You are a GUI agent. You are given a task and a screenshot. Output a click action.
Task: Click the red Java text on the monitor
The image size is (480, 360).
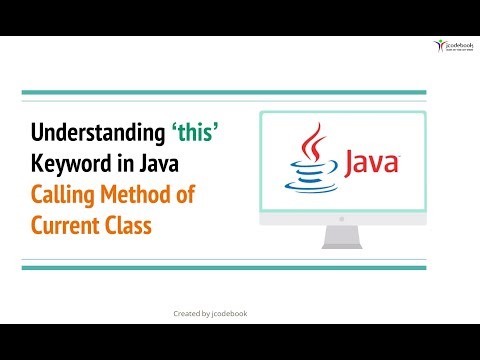coord(373,162)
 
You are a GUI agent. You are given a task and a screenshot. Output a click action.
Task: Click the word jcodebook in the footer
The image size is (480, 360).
coord(232,313)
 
